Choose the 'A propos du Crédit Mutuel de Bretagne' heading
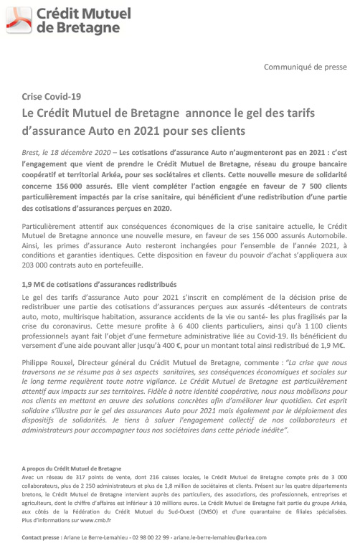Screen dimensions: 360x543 [72, 468]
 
